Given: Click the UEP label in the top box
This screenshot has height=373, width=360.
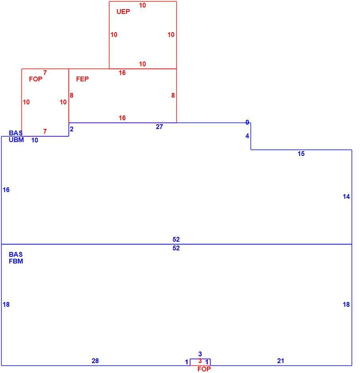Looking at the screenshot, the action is tap(123, 12).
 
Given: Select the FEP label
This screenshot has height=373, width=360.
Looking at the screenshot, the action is tap(82, 79).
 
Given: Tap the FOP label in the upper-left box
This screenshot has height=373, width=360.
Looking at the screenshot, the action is tap(36, 79).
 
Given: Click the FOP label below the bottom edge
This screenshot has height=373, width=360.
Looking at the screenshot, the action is tap(204, 369).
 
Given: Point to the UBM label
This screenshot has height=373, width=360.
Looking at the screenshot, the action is tap(16, 140).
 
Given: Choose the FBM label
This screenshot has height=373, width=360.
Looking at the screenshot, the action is tap(16, 261).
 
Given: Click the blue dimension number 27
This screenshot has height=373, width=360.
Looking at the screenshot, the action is tap(159, 127).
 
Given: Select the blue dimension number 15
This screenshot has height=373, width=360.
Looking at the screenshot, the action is tap(301, 154).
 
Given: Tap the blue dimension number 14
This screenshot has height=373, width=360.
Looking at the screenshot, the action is tap(346, 196).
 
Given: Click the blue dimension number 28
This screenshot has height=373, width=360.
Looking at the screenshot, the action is tap(95, 361).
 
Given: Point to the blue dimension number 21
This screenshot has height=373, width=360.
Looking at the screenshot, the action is tap(281, 361).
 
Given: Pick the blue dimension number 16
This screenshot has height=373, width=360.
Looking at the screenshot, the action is tap(6, 190).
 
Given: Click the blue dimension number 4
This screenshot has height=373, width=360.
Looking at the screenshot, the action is tap(247, 136).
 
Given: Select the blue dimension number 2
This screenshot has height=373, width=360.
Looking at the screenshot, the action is tap(71, 129).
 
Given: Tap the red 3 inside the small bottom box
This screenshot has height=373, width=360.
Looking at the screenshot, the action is tap(200, 361).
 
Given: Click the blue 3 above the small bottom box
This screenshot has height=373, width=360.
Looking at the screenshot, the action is tap(200, 354).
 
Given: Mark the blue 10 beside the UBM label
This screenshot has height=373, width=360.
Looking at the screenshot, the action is tap(35, 140).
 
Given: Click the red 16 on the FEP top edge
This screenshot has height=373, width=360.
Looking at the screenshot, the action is tap(122, 73).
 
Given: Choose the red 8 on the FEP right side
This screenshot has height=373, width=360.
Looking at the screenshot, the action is tap(173, 95).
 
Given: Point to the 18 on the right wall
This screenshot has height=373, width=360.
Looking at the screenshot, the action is tap(346, 304).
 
